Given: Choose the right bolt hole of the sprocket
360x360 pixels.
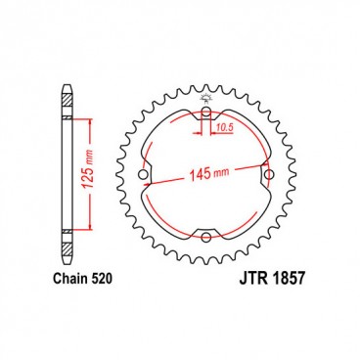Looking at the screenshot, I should click(x=269, y=179).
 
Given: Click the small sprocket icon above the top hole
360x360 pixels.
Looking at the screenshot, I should click(x=206, y=100).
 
